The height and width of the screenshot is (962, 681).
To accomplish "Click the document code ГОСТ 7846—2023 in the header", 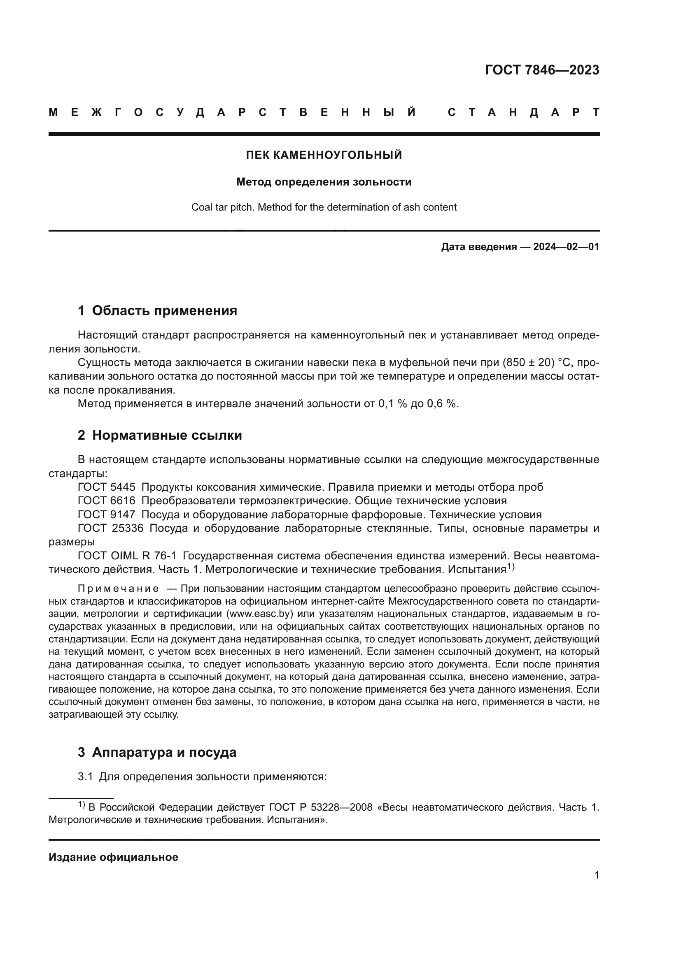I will [542, 70].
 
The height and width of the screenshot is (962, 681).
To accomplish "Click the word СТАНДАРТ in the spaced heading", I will [523, 112].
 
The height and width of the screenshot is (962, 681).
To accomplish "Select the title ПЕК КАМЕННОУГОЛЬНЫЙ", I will [324, 155].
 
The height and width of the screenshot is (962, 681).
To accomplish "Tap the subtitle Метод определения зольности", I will [324, 182].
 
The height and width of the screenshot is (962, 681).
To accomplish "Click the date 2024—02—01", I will [566, 247].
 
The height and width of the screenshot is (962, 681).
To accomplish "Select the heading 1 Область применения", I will [157, 311].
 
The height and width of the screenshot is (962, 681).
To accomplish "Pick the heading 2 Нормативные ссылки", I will [160, 435].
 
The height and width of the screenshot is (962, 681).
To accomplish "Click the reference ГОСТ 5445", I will [107, 487].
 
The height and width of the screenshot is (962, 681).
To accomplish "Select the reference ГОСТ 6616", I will [107, 501].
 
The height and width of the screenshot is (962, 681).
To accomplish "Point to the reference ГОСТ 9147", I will [107, 515].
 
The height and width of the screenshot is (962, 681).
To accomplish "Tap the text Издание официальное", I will [113, 857].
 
